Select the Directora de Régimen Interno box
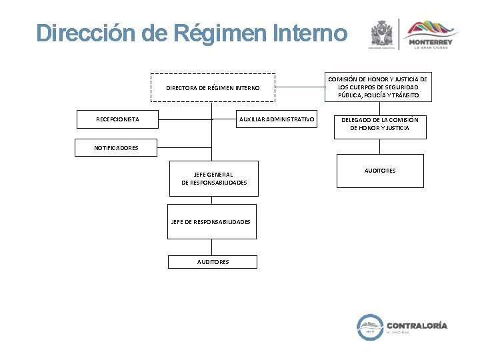(x=212, y=87)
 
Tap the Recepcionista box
(x=117, y=119)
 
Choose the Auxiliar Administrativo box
(x=277, y=119)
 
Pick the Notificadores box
(x=116, y=147)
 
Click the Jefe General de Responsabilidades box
(x=213, y=179)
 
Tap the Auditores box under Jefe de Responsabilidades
(x=213, y=262)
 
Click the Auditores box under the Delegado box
(x=380, y=171)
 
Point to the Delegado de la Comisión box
(x=380, y=124)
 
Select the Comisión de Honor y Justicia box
(x=378, y=87)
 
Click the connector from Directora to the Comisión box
(x=299, y=86)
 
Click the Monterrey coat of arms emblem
(x=382, y=33)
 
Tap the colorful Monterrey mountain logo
(x=433, y=29)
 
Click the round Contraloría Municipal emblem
(x=371, y=327)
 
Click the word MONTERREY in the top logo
(x=433, y=43)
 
